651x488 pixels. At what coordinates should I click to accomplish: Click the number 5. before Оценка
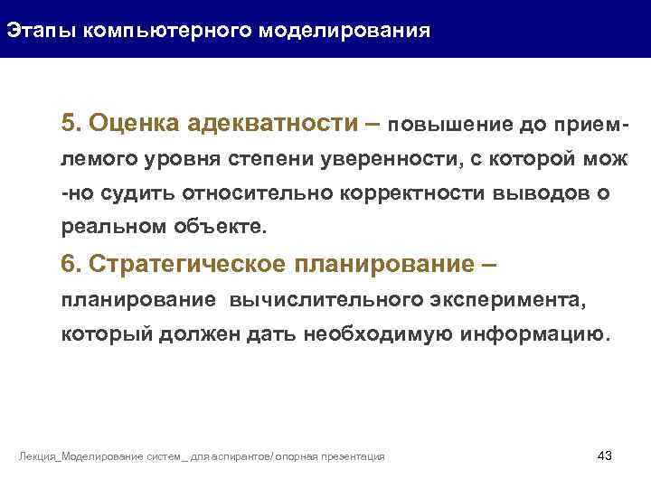(72, 123)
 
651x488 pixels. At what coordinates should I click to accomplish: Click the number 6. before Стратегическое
(72, 264)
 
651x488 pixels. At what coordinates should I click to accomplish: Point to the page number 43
(605, 455)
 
